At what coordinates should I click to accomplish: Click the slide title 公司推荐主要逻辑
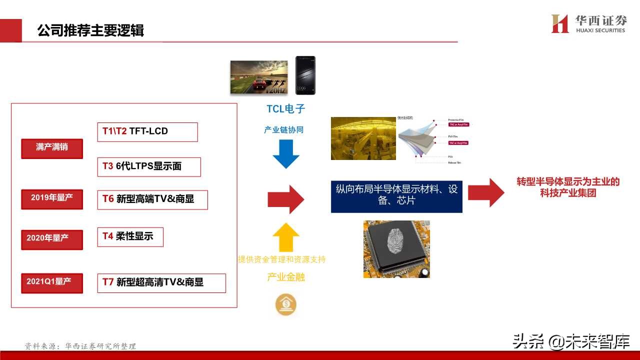pos(90,30)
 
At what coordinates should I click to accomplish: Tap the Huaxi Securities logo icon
pos(559,23)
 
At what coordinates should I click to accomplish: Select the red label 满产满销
pos(52,148)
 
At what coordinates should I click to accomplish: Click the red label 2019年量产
pos(52,198)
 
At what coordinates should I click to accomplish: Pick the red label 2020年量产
pos(52,238)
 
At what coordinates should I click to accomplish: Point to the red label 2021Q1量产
pos(52,282)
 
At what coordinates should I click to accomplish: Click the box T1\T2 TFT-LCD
pos(147,132)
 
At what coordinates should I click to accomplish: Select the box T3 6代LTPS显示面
pos(148,167)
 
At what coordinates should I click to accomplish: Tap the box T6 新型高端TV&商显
pos(152,199)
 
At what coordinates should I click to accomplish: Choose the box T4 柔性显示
pos(130,236)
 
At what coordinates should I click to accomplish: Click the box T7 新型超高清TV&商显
pos(161,282)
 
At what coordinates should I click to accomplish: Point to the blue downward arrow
pos(286,154)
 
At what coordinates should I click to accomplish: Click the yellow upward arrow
pos(286,236)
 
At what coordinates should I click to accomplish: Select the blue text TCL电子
pos(285,109)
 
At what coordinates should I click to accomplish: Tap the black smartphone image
pos(305,75)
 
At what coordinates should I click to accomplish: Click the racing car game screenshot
pos(258,77)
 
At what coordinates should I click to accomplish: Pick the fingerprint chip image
pos(396,249)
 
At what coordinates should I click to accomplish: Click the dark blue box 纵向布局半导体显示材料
pos(396,196)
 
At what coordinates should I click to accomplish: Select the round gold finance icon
pos(286,304)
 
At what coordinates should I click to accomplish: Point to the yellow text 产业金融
pos(286,277)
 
